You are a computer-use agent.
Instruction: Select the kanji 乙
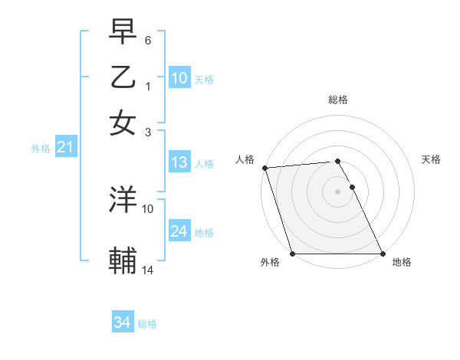123,78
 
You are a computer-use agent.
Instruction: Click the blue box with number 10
179,77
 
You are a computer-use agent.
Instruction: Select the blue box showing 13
179,162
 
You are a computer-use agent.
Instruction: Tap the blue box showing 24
179,231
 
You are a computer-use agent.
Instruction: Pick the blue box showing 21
64,147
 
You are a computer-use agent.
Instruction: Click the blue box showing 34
122,322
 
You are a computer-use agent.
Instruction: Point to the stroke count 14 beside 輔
148,270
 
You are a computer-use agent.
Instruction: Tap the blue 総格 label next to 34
147,324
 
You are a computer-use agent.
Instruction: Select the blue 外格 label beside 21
41,149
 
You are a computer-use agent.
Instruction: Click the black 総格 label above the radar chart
337,100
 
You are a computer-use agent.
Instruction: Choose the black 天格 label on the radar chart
431,159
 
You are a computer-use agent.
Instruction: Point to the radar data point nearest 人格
264,168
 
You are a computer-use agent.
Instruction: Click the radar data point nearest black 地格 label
382,254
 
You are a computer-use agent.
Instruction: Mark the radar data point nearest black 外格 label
293,254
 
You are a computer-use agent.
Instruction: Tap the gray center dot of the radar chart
337,191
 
